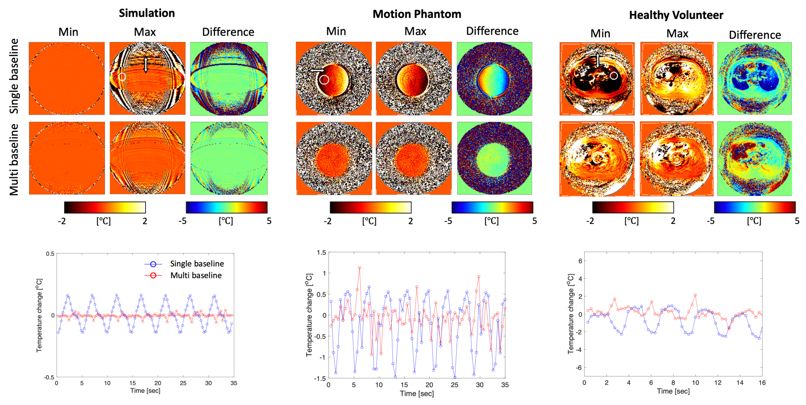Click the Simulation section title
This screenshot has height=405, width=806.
click(147, 13)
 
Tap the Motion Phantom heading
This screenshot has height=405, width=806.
click(417, 14)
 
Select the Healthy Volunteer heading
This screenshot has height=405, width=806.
click(676, 15)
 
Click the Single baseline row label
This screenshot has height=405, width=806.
click(14, 76)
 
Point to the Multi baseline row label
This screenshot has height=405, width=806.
click(14, 159)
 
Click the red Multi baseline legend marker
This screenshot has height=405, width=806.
click(153, 276)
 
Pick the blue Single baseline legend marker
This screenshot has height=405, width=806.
click(153, 264)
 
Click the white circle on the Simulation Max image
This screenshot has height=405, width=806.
click(122, 77)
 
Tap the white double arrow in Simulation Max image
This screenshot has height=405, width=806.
click(145, 65)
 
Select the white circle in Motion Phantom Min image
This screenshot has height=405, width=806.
click(325, 80)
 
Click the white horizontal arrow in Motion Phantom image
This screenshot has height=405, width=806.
click(317, 71)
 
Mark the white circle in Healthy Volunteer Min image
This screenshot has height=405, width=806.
click(614, 76)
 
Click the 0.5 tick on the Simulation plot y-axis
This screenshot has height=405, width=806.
click(50, 254)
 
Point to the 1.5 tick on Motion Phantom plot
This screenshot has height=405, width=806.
click(321, 252)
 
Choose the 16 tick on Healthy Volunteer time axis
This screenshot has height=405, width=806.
click(762, 383)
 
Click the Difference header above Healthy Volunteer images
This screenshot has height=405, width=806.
click(755, 35)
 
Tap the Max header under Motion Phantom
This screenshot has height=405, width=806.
click(415, 31)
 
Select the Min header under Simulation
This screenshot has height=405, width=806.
click(68, 32)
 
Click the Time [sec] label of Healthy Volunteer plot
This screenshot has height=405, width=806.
click(673, 391)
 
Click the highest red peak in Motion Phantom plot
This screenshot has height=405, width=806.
click(359, 268)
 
